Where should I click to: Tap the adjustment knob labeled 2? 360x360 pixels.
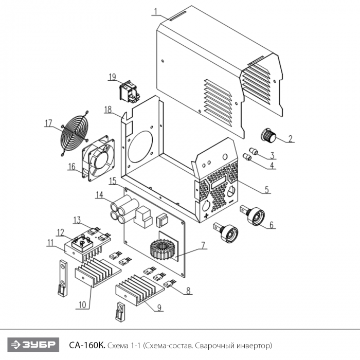[x=269, y=136]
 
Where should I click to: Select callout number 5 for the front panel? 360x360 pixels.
[x=266, y=189]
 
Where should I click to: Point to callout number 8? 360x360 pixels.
[x=189, y=291]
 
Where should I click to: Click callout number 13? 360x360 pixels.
[x=77, y=220]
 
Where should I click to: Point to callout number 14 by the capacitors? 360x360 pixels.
[x=99, y=195]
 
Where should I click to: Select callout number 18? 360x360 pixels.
[x=108, y=109]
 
